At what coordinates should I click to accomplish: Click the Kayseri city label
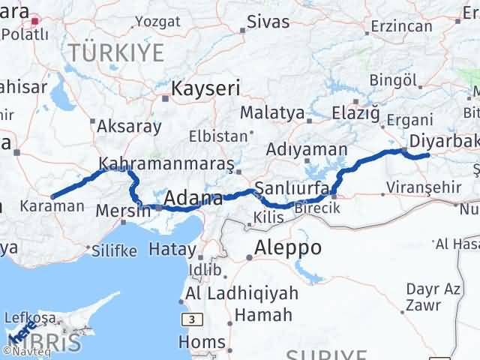205,88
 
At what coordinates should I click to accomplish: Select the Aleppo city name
288,247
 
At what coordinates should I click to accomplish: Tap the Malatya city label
271,113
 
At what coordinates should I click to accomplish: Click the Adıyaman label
306,149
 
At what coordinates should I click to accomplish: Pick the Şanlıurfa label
292,187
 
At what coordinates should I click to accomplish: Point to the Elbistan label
217,136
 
